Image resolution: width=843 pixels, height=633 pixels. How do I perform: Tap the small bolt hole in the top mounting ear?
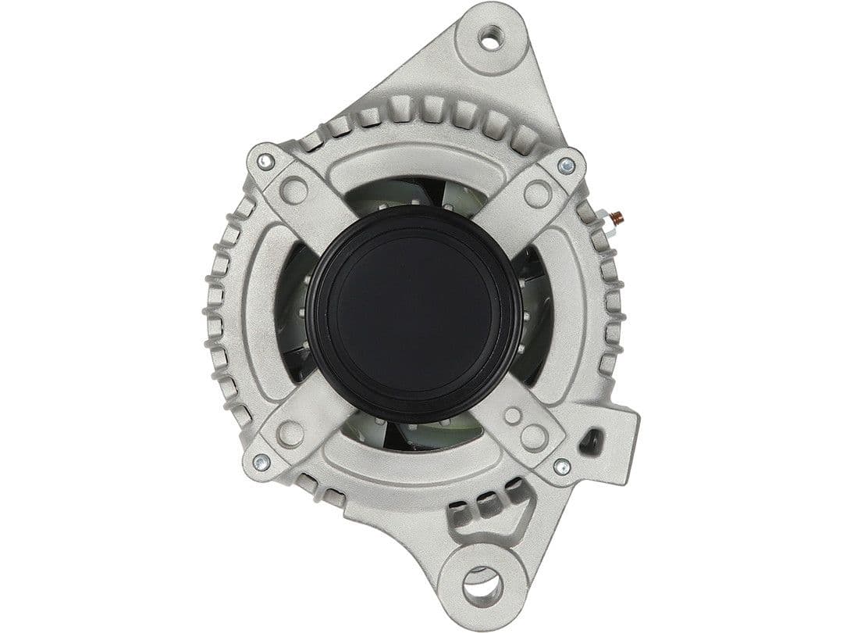pyautogui.click(x=490, y=37)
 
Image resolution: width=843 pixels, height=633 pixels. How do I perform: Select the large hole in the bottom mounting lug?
pyautogui.click(x=482, y=584)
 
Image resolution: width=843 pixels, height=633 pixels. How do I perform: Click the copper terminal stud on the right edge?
pyautogui.click(x=616, y=217)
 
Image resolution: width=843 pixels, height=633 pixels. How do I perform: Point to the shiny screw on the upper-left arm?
pyautogui.click(x=265, y=162)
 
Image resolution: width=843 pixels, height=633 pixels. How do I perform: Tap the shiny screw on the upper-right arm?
pyautogui.click(x=566, y=165)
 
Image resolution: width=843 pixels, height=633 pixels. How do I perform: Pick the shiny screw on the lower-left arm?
pyautogui.click(x=261, y=462)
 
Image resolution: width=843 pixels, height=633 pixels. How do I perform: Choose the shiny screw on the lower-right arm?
pyautogui.click(x=561, y=467)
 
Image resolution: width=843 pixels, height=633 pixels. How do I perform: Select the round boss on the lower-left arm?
pyautogui.click(x=290, y=433)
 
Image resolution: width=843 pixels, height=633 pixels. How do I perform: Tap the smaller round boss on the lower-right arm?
pyautogui.click(x=513, y=416)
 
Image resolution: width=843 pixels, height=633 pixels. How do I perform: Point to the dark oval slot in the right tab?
pyautogui.click(x=591, y=442)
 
